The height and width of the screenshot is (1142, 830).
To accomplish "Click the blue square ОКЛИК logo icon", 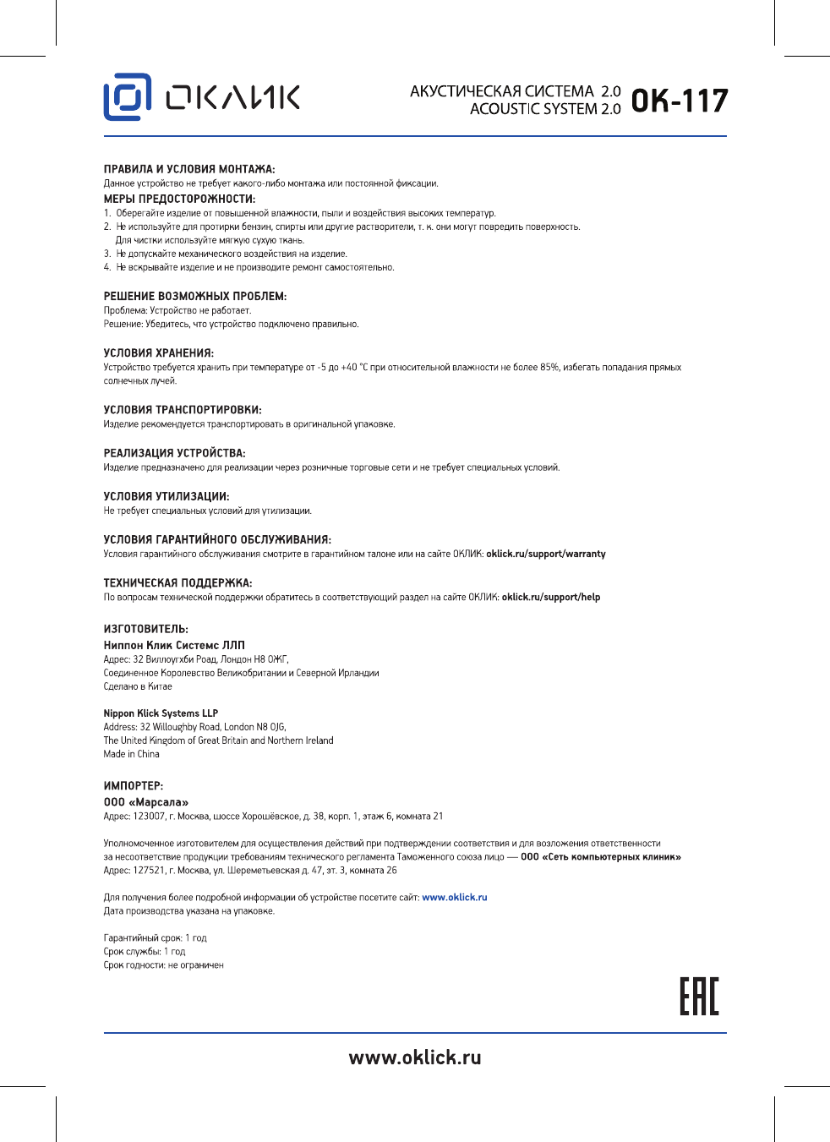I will tap(127, 96).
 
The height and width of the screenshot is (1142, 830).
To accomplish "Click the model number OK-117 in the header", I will tap(679, 101).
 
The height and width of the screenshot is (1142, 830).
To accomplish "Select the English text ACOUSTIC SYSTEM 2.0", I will tap(545, 109).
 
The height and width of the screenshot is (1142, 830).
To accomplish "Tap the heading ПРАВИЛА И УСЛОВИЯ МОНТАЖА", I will tap(189, 169).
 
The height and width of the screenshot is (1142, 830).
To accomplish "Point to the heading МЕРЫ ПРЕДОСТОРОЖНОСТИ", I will tap(179, 199).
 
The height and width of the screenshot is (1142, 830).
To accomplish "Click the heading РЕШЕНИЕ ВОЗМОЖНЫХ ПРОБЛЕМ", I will tap(195, 297).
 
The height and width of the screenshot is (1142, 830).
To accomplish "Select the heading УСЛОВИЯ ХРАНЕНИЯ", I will tap(159, 353).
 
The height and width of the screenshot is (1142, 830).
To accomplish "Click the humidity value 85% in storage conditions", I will tap(549, 368).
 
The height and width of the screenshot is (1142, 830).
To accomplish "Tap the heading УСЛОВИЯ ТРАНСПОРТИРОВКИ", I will tap(183, 410).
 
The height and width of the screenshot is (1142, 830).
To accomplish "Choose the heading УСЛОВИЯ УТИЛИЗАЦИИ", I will tap(167, 497).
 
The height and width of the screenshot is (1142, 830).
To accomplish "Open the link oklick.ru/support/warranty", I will tap(546, 555).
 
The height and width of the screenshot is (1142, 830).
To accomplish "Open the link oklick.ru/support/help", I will tap(551, 598).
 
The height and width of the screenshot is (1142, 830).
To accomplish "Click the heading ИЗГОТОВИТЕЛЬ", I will tap(146, 630).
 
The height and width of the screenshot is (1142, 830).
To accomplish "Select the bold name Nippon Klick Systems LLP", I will tap(161, 713).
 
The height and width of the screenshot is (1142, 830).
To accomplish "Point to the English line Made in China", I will tap(131, 754).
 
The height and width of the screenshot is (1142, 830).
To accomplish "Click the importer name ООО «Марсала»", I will tap(146, 802).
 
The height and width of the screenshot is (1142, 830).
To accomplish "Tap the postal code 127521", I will tap(149, 871).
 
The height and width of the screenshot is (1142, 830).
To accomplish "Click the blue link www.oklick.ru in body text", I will tap(455, 898).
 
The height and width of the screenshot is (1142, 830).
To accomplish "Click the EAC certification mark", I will tap(699, 997).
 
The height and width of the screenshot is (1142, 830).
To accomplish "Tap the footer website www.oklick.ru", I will tap(415, 1057).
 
